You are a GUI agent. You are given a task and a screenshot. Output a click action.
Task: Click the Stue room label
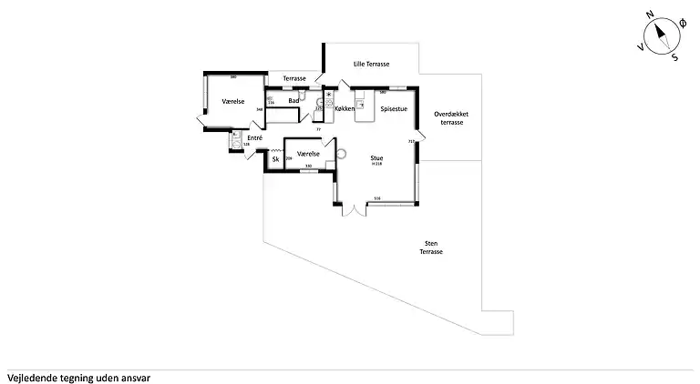click(376, 157)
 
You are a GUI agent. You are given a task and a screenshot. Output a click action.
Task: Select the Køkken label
click(345, 109)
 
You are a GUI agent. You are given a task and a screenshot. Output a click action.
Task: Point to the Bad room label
click(293, 101)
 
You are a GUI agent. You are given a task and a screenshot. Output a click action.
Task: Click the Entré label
click(254, 138)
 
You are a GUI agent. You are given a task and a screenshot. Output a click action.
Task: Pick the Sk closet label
click(275, 160)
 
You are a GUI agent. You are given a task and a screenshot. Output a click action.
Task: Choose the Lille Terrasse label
click(372, 65)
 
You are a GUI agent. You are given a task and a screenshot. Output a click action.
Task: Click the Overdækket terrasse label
click(452, 118)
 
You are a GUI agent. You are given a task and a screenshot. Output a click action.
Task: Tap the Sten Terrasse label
click(431, 248)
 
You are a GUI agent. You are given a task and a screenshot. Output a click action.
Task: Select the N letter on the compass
click(650, 15)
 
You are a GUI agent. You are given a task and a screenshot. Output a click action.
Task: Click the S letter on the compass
click(674, 56)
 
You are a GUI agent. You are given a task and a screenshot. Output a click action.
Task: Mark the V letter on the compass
click(641, 46)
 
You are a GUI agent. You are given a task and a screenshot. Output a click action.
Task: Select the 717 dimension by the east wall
click(411, 142)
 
